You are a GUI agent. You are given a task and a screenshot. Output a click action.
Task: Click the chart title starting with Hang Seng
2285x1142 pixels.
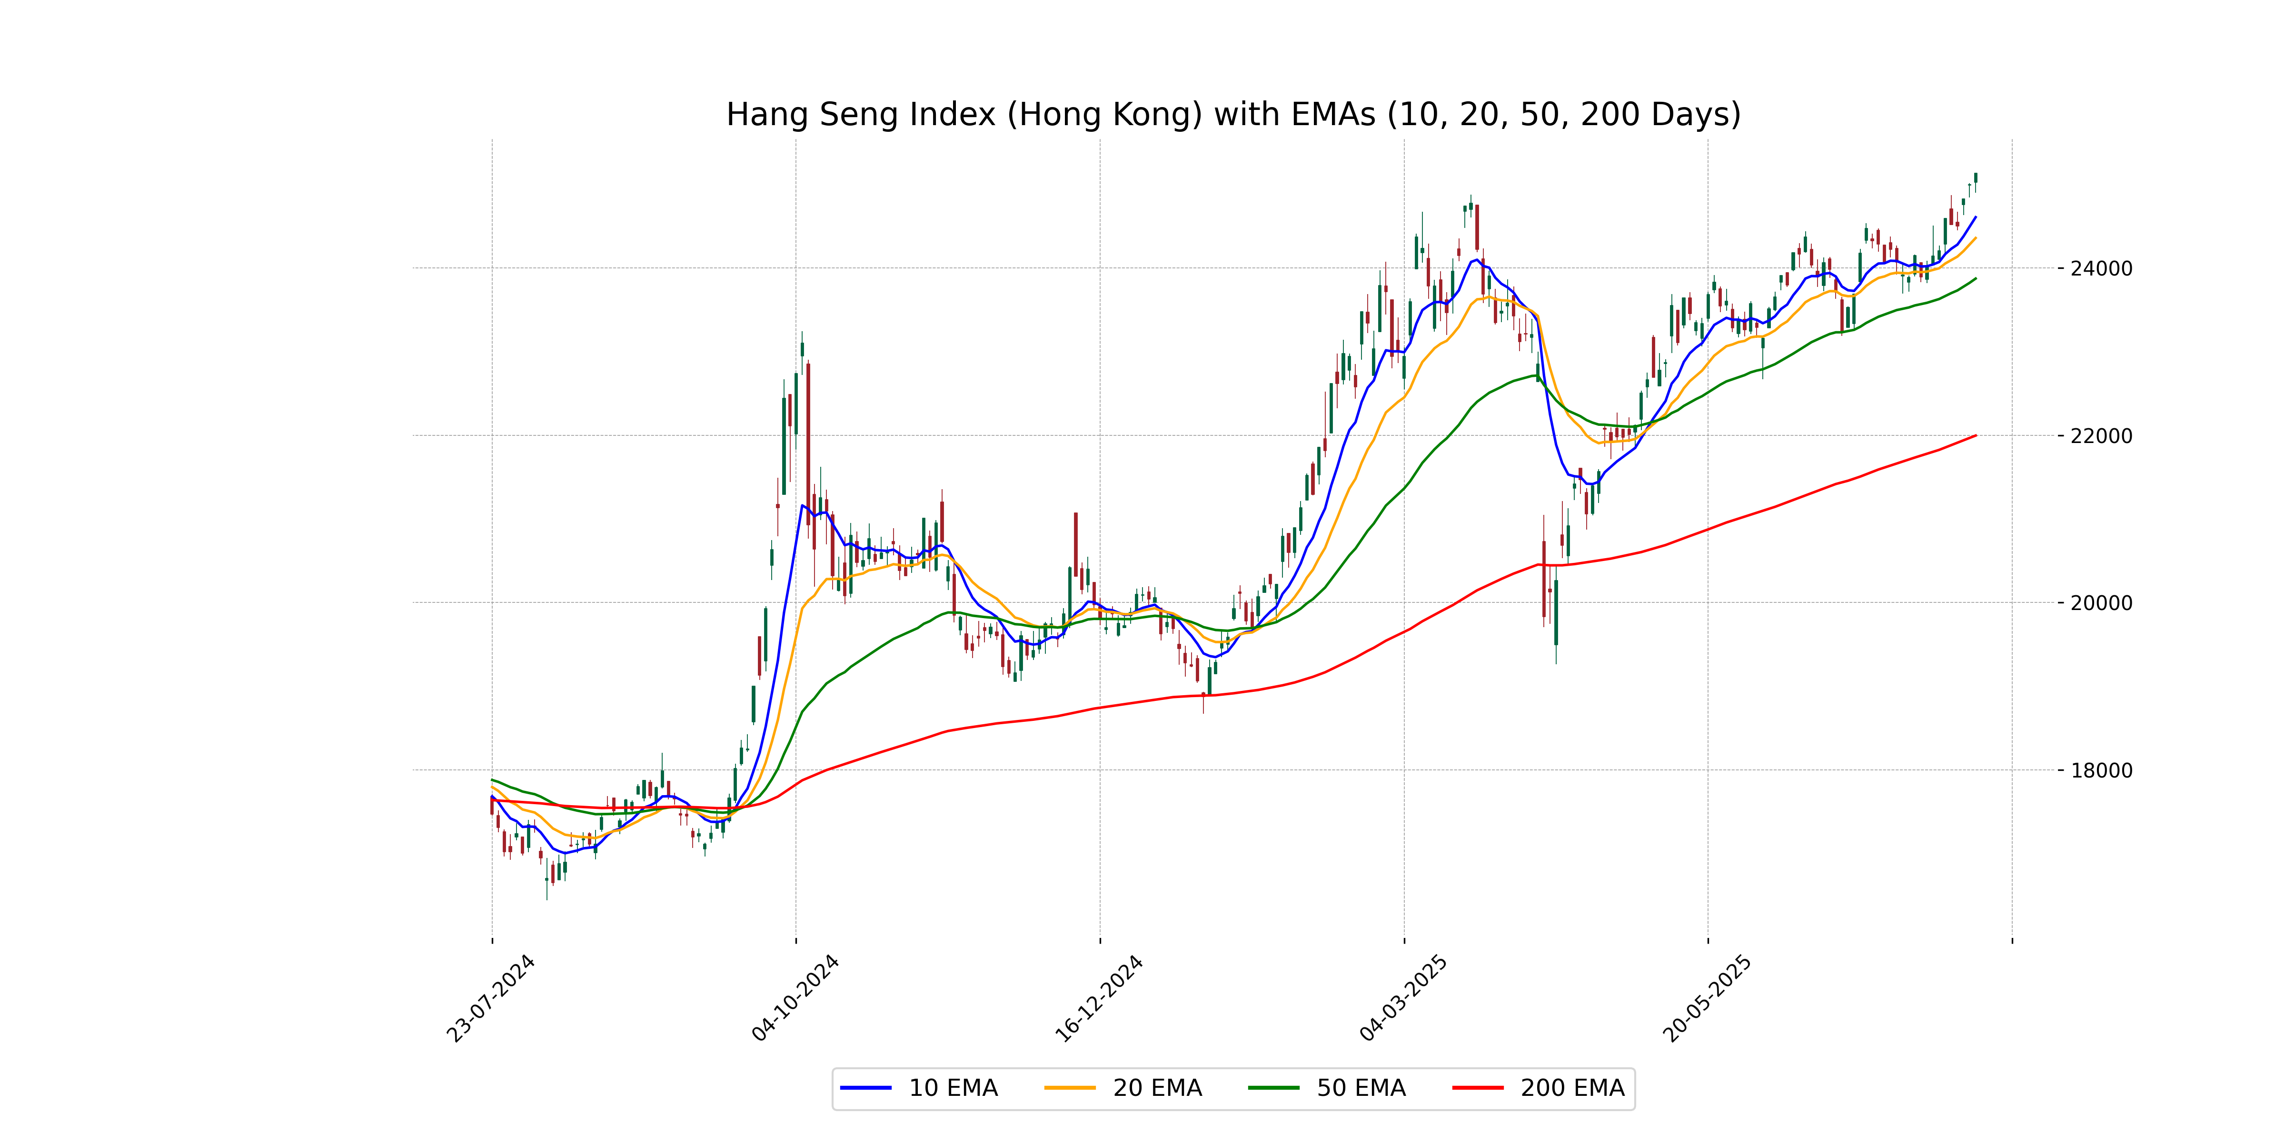[1233, 114]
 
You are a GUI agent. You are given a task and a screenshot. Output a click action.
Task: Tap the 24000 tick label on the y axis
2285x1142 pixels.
[2100, 269]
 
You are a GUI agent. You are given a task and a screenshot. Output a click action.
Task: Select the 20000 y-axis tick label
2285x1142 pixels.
[2100, 603]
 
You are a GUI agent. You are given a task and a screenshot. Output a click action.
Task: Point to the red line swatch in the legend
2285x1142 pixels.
[1478, 1088]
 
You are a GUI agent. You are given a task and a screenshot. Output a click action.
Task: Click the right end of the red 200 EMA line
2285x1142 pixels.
[1976, 435]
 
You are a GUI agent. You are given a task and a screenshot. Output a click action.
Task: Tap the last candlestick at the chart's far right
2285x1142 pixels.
[1976, 178]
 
